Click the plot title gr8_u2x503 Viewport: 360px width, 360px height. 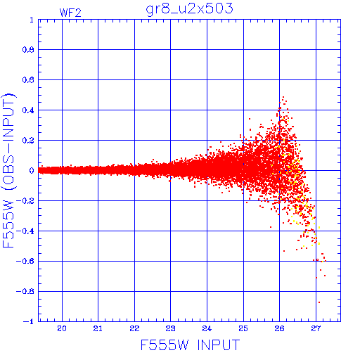coord(189,9)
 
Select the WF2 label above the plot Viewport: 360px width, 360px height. coord(70,13)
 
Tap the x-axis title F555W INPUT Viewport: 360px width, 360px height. coord(190,345)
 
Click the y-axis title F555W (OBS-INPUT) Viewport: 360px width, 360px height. coord(8,170)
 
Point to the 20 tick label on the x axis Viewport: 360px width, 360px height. coord(62,328)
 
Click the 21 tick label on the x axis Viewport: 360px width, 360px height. coord(98,328)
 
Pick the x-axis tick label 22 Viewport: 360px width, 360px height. coord(134,328)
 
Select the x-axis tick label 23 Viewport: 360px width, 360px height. coord(170,328)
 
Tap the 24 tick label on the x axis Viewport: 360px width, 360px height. coord(207,328)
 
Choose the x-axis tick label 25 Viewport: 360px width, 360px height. coord(243,328)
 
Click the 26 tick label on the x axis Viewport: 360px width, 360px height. coord(279,328)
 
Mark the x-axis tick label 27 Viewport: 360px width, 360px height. coord(316,328)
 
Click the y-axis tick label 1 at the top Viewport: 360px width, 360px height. coord(32,20)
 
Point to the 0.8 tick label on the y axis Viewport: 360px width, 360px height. coord(28,50)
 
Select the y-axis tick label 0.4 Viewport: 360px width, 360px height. coord(28,110)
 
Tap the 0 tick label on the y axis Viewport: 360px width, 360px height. coord(32,170)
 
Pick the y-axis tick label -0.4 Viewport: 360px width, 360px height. coord(25,231)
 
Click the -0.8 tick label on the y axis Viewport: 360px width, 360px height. coord(25,291)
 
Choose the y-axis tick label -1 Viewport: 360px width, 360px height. coord(29,321)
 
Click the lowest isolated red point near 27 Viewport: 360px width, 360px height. coord(319,302)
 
